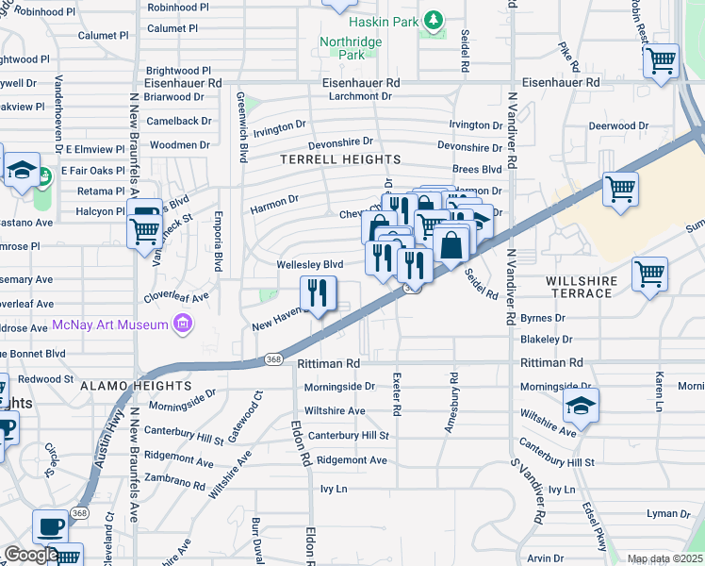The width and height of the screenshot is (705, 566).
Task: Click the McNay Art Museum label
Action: pyautogui.click(x=111, y=325)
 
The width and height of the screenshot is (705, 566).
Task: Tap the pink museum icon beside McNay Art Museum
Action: pyautogui.click(x=183, y=325)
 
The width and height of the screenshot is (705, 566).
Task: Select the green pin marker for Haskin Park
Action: pyautogui.click(x=433, y=20)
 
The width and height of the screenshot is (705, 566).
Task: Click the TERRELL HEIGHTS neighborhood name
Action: pyautogui.click(x=339, y=160)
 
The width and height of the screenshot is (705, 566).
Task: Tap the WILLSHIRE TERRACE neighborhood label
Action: pyautogui.click(x=582, y=287)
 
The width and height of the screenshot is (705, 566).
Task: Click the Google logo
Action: pyautogui.click(x=31, y=555)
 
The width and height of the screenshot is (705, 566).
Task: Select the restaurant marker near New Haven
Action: pyautogui.click(x=319, y=293)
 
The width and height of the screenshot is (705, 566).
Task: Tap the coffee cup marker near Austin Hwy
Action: pyautogui.click(x=50, y=526)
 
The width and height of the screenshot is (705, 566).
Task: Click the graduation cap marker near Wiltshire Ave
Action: pyautogui.click(x=581, y=407)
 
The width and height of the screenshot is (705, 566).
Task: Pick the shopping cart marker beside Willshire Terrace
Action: pyautogui.click(x=650, y=275)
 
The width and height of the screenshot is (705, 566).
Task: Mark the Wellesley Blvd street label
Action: pyautogui.click(x=309, y=265)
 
